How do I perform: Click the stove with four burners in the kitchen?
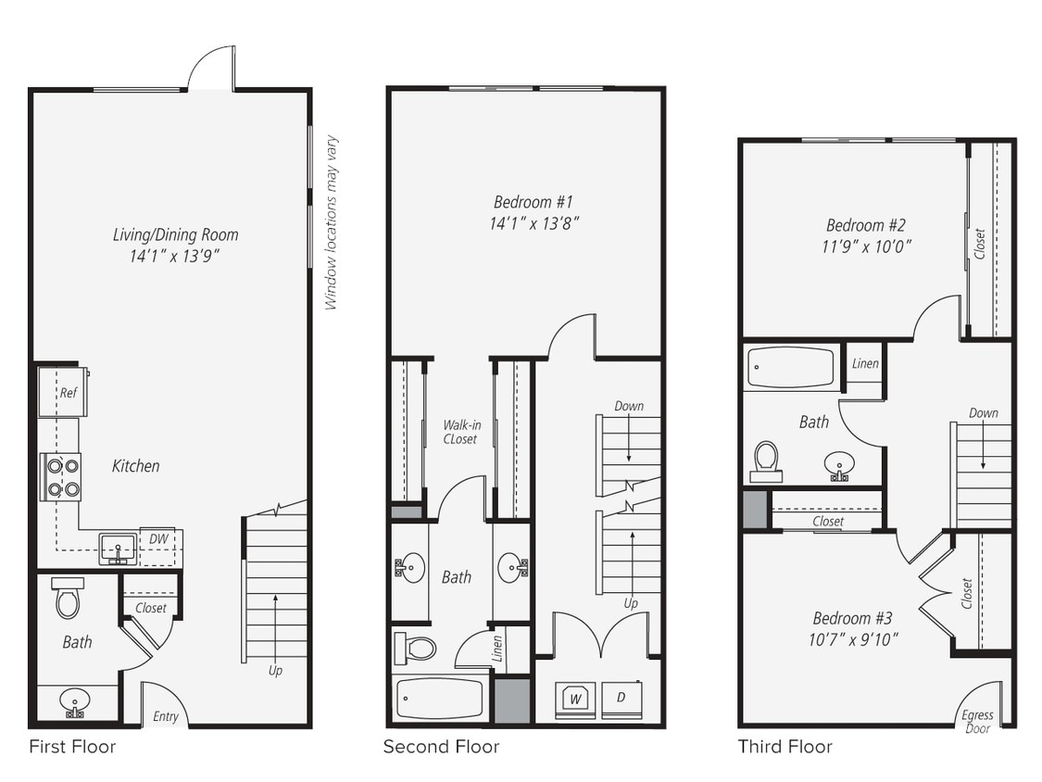[59, 476]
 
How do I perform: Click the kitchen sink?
[118, 549]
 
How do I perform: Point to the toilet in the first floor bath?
[69, 599]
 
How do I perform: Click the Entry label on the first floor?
[166, 716]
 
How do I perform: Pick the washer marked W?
[574, 699]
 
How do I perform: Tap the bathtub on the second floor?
[439, 699]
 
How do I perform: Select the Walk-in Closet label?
[459, 432]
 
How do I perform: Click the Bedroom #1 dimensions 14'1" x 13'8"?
[536, 222]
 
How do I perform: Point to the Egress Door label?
[976, 721]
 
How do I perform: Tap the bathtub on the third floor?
[790, 368]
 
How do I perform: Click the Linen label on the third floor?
[864, 363]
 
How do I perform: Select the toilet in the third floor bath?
[766, 460]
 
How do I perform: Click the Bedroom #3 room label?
[852, 618]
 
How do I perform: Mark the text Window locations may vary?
[332, 222]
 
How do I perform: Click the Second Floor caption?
[441, 747]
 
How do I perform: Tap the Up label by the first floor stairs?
[275, 670]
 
